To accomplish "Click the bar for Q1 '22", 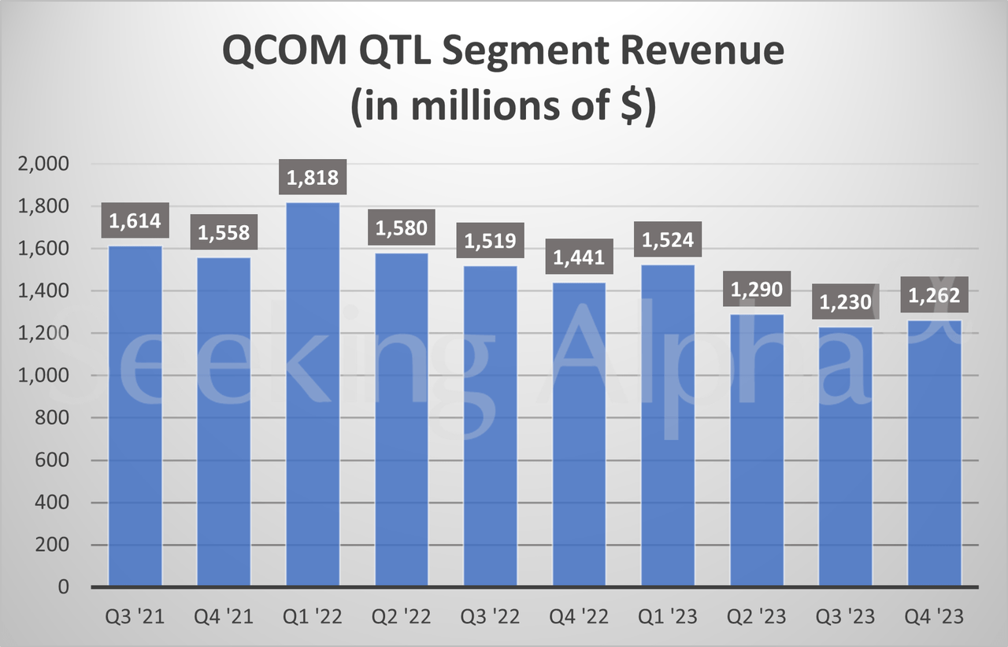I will pos(313,394).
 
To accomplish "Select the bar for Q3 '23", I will pos(846,457).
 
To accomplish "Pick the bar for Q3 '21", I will pos(135,416).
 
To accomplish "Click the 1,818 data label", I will pos(313,178).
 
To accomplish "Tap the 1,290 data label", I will pos(757,289).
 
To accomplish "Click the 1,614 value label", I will pos(135,221).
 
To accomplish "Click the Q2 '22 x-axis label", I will pos(402,616).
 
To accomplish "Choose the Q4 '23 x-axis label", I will pos(935,616).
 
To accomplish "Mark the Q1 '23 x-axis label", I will pos(668,616).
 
